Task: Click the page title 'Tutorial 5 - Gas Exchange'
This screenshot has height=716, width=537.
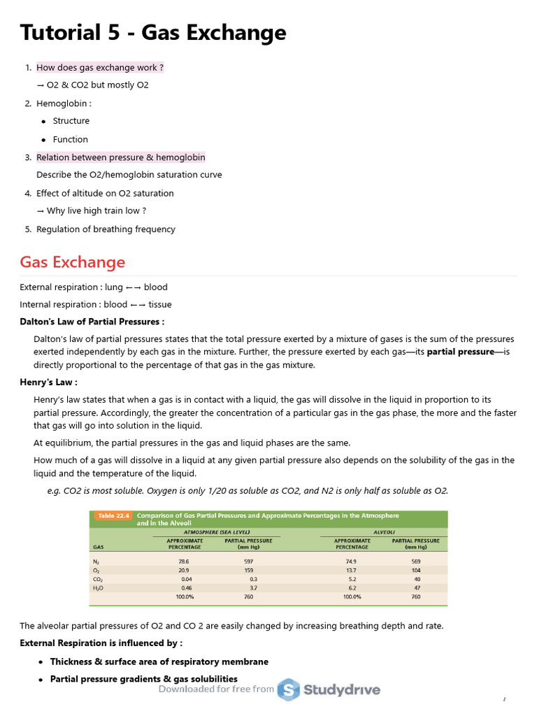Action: (x=152, y=33)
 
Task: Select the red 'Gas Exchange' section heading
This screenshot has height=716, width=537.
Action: (x=72, y=262)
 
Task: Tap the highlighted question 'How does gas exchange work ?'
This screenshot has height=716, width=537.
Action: (x=100, y=68)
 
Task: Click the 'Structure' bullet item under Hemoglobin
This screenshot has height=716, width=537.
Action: (x=71, y=121)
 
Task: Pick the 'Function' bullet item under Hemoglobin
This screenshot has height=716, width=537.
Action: (x=71, y=139)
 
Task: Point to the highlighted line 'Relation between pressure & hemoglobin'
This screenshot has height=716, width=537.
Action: (x=120, y=157)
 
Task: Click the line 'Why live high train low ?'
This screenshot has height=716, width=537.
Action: (x=96, y=210)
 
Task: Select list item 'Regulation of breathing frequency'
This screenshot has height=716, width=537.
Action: (x=106, y=229)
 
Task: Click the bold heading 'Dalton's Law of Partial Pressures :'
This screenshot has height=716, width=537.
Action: (x=92, y=322)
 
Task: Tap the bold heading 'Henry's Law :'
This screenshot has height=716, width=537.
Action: (x=48, y=382)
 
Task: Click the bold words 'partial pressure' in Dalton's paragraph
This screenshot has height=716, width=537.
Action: (x=460, y=352)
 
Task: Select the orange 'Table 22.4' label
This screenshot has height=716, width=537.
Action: (x=113, y=516)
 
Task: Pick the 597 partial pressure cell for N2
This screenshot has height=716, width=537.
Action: (x=248, y=561)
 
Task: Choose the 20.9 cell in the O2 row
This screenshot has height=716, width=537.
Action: (x=184, y=571)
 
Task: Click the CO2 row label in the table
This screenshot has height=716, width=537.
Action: (x=97, y=580)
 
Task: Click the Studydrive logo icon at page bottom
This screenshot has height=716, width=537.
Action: (x=288, y=690)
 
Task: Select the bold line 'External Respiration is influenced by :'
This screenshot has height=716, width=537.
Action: (x=101, y=643)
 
